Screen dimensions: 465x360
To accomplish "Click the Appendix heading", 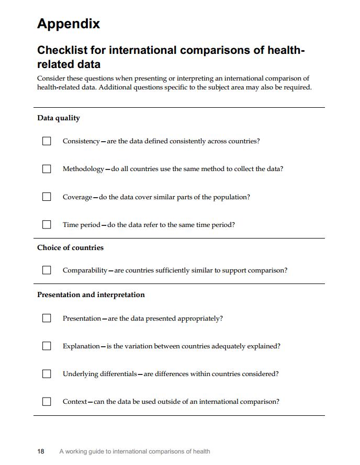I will coord(69,24).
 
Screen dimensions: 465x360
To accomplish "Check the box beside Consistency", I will coord(47,141).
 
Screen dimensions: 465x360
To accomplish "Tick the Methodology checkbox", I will coord(47,169).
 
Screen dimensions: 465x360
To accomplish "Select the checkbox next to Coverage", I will coord(47,197).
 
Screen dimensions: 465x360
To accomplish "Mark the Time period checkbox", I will coord(47,224).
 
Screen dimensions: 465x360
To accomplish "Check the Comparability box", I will coord(47,270).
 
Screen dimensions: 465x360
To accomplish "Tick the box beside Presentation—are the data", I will coord(47,318).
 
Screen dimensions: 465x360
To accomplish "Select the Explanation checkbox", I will coord(47,346).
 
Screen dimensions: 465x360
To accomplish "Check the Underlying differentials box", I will coord(47,373).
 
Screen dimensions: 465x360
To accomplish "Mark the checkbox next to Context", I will coord(47,401).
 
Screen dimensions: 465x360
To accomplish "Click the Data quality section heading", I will coord(59,118).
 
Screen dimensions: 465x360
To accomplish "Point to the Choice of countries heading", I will coord(70,247).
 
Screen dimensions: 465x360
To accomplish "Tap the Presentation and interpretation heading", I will coord(91,294).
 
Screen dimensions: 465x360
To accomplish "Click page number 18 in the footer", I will coord(41,451).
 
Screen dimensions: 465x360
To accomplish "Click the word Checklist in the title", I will coord(63,51).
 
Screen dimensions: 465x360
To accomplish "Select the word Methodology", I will coord(83,169).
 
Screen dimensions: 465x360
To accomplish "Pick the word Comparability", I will coord(85,270).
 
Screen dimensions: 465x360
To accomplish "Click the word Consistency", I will coord(81,141).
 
